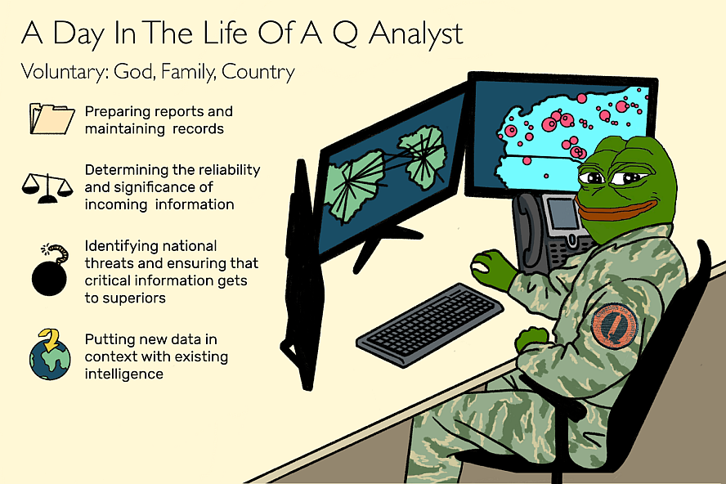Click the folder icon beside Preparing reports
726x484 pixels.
click(52, 119)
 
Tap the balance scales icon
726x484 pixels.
click(47, 188)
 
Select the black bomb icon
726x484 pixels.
click(50, 270)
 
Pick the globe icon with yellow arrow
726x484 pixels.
click(50, 355)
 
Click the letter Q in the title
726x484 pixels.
click(345, 34)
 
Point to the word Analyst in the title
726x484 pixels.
click(416, 34)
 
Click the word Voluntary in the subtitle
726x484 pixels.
click(65, 72)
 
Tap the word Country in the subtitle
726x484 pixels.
click(258, 72)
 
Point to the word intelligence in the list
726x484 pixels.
click(124, 374)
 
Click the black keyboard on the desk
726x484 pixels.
click(430, 325)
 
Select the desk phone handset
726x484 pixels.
click(527, 231)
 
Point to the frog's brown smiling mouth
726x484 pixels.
click(612, 209)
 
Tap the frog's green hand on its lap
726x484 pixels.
click(532, 339)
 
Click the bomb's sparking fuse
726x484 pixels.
click(56, 253)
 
